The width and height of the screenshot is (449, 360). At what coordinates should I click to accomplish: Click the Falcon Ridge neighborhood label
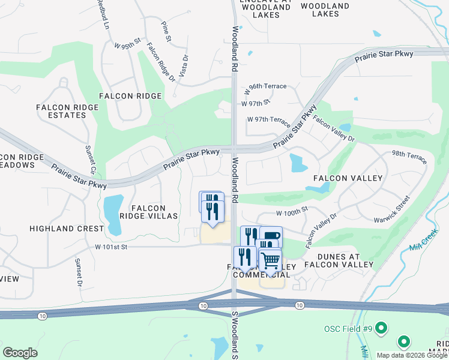click(x=130, y=96)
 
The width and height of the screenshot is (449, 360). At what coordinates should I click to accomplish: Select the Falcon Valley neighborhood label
click(x=348, y=179)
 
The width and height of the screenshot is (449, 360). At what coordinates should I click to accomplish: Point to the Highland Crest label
click(x=67, y=229)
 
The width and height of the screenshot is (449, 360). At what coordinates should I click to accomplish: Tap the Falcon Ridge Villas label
click(x=148, y=212)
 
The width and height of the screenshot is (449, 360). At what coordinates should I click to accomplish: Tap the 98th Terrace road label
click(x=409, y=157)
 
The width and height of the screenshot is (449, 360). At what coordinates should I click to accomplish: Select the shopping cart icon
click(x=270, y=261)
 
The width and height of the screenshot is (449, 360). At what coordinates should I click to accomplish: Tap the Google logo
click(x=20, y=352)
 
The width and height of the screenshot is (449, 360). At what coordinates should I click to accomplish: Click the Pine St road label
click(x=166, y=31)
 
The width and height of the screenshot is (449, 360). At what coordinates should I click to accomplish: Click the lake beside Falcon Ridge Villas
click(x=113, y=212)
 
